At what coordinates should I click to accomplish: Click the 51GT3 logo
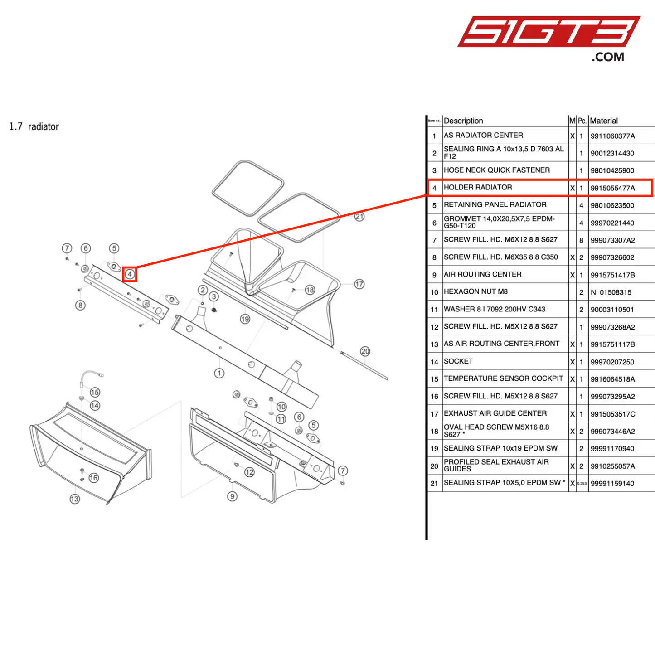(548, 31)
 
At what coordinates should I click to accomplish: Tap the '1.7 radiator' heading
(34, 126)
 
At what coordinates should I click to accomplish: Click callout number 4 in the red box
(130, 274)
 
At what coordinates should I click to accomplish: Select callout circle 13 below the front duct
(75, 499)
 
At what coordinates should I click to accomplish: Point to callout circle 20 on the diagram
(365, 351)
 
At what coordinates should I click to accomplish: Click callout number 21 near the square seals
(359, 217)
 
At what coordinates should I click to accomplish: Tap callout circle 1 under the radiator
(219, 373)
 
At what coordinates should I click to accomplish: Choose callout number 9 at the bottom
(232, 496)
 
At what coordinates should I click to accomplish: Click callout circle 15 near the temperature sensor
(95, 392)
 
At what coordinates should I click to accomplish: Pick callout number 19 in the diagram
(245, 319)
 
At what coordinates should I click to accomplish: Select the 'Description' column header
(463, 121)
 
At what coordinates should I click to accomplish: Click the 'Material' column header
(604, 121)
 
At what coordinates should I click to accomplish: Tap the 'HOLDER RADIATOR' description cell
(478, 188)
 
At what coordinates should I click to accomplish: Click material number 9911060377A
(612, 136)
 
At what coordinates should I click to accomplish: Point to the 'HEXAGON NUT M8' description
(475, 292)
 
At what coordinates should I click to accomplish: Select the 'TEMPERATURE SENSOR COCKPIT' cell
(503, 378)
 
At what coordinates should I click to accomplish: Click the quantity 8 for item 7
(581, 240)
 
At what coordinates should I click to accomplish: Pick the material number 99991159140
(612, 484)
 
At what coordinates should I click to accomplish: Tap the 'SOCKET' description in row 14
(458, 361)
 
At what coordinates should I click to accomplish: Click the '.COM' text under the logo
(607, 57)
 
